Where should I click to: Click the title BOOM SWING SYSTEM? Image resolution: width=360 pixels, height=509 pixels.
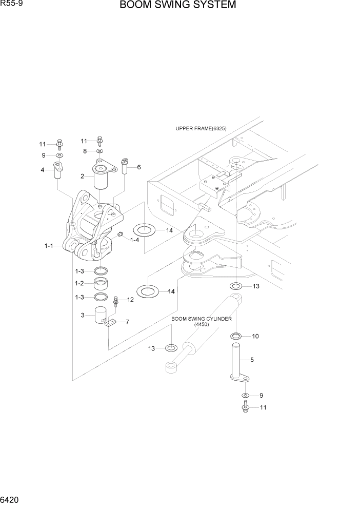pos(178,6)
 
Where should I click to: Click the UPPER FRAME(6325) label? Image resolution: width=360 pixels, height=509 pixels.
pos(201,129)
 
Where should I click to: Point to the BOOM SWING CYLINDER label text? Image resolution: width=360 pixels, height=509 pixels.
pos(202,319)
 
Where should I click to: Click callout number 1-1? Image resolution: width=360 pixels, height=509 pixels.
pos(49,246)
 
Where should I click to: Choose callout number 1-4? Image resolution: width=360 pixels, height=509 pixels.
pos(135,240)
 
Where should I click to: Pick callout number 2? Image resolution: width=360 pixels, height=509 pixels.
pos(83,177)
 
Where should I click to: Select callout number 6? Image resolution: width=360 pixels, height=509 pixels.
pos(138,167)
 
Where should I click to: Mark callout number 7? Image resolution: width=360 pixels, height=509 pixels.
pos(127,322)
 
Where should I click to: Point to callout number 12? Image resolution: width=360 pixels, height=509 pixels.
pos(130,300)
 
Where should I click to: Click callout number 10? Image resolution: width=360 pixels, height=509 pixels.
pos(255,337)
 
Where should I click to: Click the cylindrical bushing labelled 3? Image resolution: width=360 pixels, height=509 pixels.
pos(101,315)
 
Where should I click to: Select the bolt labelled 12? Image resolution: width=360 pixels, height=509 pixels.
pos(116,302)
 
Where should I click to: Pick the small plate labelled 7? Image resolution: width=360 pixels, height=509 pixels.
pos(111,322)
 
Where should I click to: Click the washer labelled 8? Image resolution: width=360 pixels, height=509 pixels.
pos(99,152)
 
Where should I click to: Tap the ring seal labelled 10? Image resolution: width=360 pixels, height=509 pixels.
pos(236,337)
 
